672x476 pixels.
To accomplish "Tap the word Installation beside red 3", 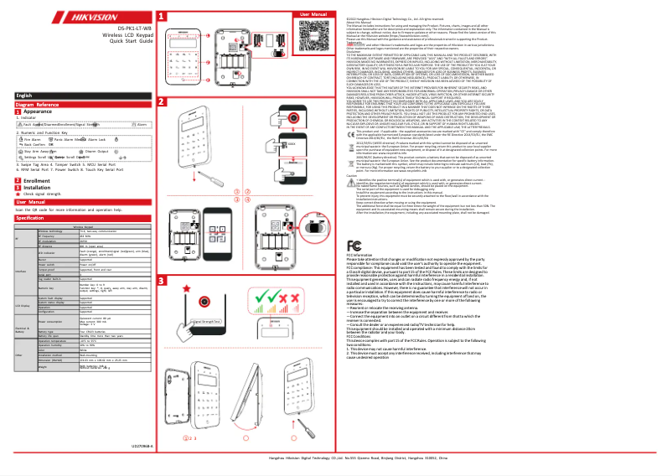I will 40,188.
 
